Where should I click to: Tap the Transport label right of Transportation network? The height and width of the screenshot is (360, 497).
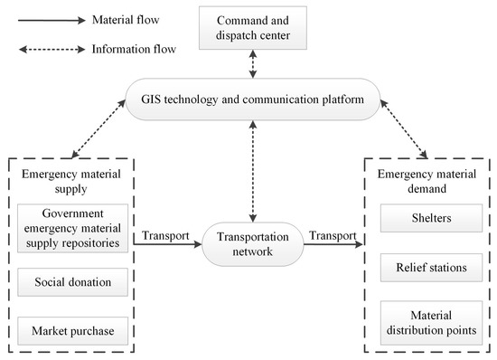tap(332, 237)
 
